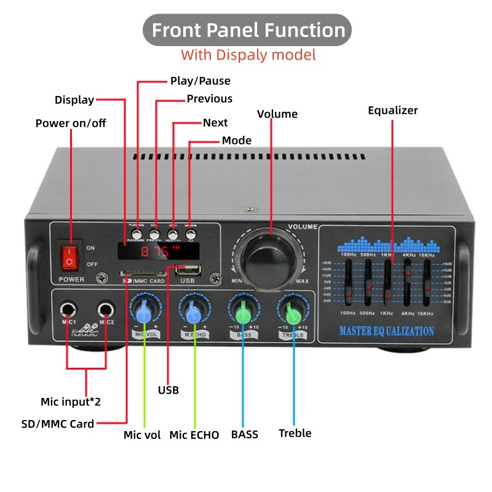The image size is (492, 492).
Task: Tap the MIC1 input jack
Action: pyautogui.click(x=67, y=309)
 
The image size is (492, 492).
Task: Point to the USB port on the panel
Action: pyautogui.click(x=188, y=269)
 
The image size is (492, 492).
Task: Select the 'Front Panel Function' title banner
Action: pyautogui.click(x=248, y=30)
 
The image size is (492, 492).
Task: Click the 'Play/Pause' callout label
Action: pyautogui.click(x=200, y=81)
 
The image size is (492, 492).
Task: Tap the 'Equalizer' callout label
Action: pyautogui.click(x=392, y=111)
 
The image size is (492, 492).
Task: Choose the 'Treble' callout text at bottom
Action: pyautogui.click(x=295, y=433)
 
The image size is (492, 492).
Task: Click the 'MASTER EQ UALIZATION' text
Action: pyautogui.click(x=387, y=331)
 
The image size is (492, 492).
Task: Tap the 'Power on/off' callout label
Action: pyautogui.click(x=71, y=123)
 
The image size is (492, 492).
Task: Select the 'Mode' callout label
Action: pyautogui.click(x=236, y=140)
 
